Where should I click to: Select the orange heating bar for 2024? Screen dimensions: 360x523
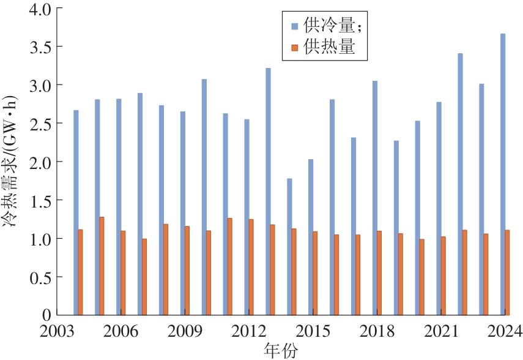pos(508,272)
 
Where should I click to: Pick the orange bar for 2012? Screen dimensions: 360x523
pos(251,267)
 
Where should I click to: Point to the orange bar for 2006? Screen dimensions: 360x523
pos(123,272)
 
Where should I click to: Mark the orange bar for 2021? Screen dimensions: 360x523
pos(443,276)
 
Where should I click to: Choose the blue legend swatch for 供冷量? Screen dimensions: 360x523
pos(294,26)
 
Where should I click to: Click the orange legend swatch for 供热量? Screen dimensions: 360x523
pos(294,47)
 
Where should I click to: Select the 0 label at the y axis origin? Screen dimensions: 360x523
pos(47,315)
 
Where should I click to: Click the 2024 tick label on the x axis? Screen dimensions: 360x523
pos(504,331)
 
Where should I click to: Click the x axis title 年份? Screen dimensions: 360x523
pos(281,350)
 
